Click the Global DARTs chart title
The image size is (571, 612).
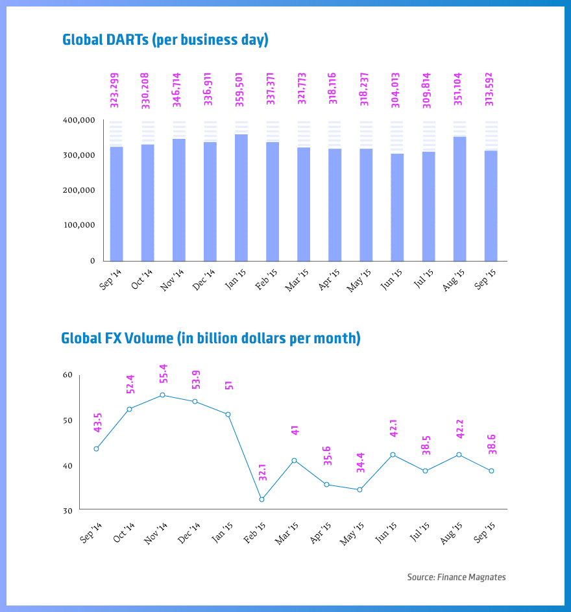pyautogui.click(x=165, y=40)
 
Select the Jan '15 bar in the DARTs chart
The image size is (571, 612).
pyautogui.click(x=241, y=197)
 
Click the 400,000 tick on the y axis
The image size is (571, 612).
pyautogui.click(x=80, y=121)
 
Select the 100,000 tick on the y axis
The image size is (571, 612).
pyautogui.click(x=80, y=225)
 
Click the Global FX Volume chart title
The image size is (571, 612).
pyautogui.click(x=210, y=338)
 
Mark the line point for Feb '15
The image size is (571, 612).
pyautogui.click(x=261, y=499)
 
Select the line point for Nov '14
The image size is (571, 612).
pyautogui.click(x=162, y=395)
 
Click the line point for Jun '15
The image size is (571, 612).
pyautogui.click(x=393, y=454)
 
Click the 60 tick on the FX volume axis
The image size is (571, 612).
pyautogui.click(x=68, y=375)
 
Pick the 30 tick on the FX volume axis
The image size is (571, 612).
pyautogui.click(x=68, y=511)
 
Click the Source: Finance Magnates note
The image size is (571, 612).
pyautogui.click(x=456, y=577)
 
